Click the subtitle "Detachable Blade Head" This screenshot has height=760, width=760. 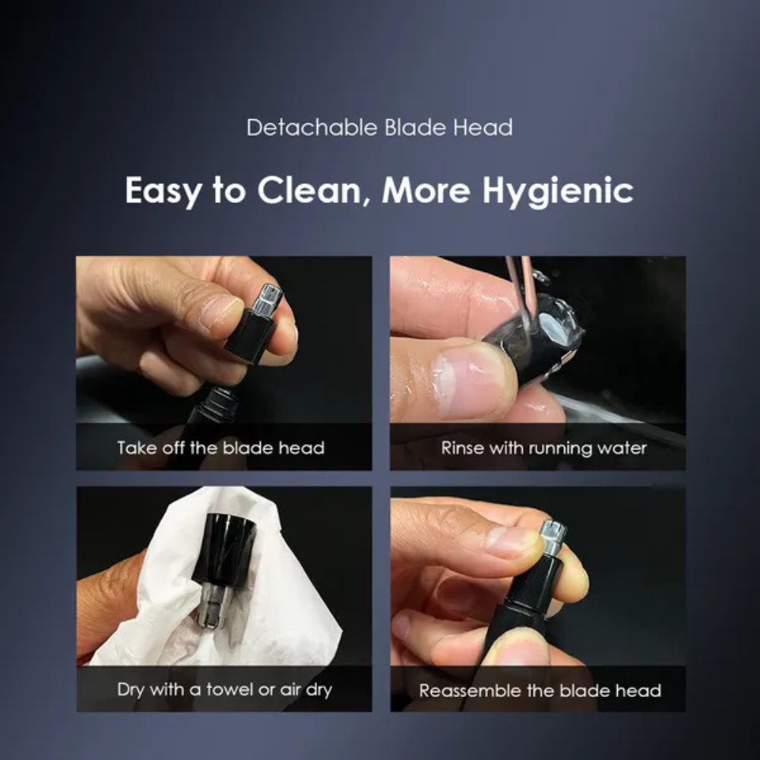pos(379,127)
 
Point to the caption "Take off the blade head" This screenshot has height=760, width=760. pos(220,448)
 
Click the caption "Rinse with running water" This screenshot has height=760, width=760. pos(543,448)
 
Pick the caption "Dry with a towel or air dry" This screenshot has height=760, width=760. pos(224,690)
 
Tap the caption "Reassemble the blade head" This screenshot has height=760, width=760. pos(540,691)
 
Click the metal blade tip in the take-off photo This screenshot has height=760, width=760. pos(268,298)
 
